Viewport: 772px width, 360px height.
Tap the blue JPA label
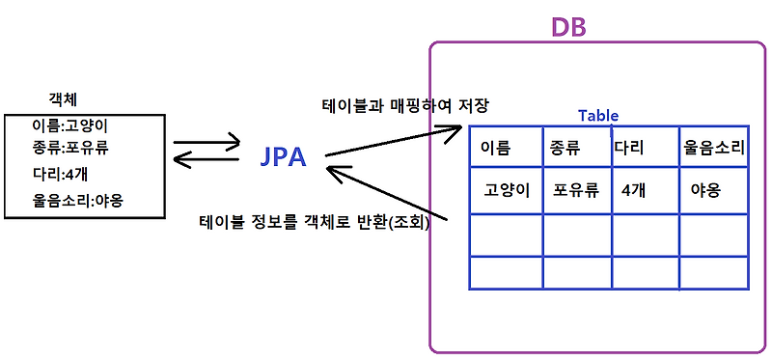pyautogui.click(x=285, y=156)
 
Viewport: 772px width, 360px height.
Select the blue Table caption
pyautogui.click(x=598, y=115)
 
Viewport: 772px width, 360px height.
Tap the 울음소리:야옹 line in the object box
pyautogui.click(x=83, y=201)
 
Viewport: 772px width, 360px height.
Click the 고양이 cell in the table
pyautogui.click(x=508, y=190)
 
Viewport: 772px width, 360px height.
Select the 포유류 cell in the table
pyautogui.click(x=576, y=190)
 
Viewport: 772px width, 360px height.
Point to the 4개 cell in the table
pyautogui.click(x=634, y=190)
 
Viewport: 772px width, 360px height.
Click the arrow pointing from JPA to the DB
pyautogui.click(x=396, y=141)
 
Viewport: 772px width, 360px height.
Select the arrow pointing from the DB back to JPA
pyautogui.click(x=386, y=192)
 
